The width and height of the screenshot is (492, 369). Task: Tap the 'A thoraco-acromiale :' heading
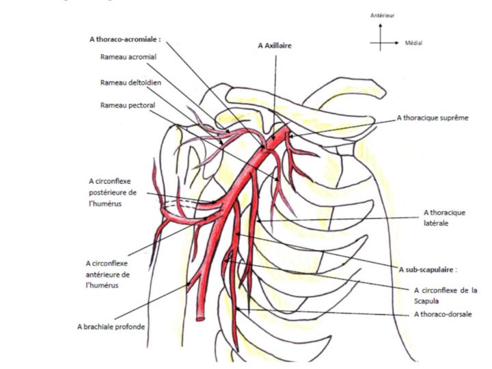point(125,40)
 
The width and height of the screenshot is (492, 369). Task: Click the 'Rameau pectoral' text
point(123,105)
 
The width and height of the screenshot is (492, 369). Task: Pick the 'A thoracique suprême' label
point(432,118)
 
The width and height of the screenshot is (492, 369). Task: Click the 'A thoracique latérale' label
point(444,217)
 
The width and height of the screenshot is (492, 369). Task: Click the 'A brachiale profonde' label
point(111,327)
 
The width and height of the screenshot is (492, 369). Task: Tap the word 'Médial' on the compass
point(413,43)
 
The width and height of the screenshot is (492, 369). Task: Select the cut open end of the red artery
point(202,316)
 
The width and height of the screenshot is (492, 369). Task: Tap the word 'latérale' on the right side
point(435,223)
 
